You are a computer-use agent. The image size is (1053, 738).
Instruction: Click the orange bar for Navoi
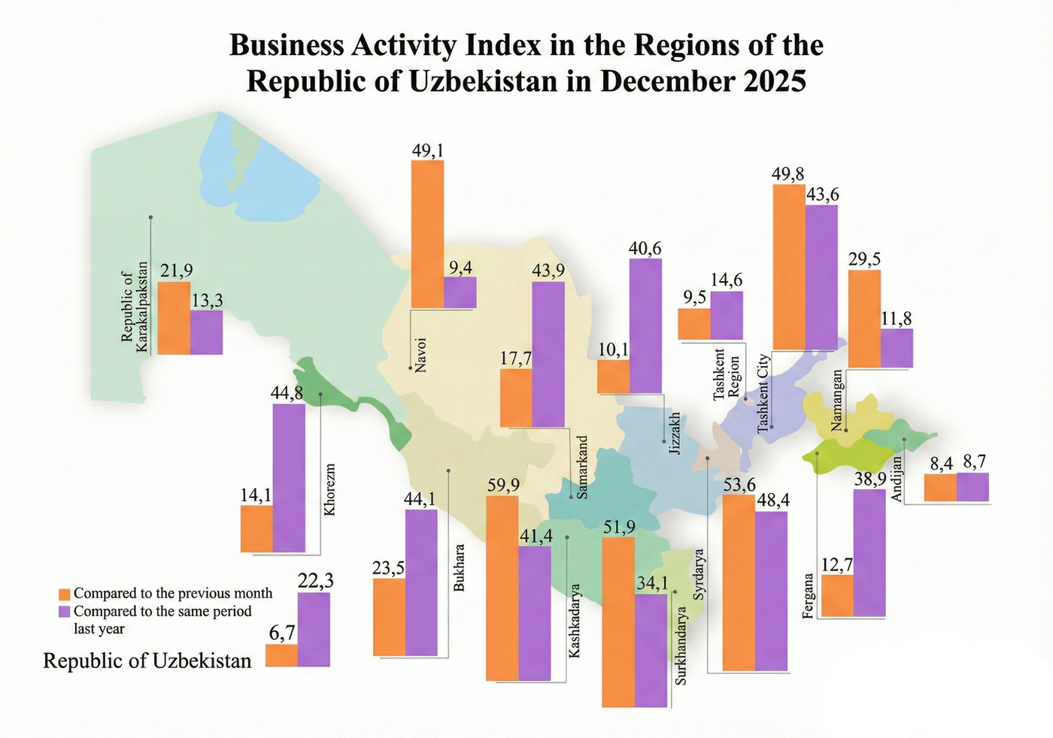click(427, 234)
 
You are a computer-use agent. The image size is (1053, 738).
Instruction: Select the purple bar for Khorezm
click(289, 478)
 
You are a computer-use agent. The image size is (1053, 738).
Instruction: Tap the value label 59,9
click(503, 485)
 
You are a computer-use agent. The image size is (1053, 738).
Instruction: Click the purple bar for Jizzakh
click(645, 325)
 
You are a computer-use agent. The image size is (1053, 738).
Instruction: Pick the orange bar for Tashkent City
click(789, 267)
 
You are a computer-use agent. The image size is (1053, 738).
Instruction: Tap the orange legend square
click(65, 594)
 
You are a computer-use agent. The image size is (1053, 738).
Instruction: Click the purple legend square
click(65, 612)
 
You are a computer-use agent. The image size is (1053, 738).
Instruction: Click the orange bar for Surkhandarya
click(618, 622)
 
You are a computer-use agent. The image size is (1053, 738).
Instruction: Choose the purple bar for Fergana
click(869, 553)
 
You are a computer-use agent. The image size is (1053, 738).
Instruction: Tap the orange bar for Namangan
click(864, 319)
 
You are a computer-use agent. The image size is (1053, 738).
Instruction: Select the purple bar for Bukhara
click(421, 582)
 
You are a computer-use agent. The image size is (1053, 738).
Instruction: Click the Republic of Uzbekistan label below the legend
click(147, 661)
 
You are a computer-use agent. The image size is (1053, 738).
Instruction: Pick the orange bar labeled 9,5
click(693, 324)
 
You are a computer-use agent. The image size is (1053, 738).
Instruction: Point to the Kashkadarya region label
click(575, 621)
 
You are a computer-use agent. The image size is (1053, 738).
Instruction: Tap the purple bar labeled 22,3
click(314, 629)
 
